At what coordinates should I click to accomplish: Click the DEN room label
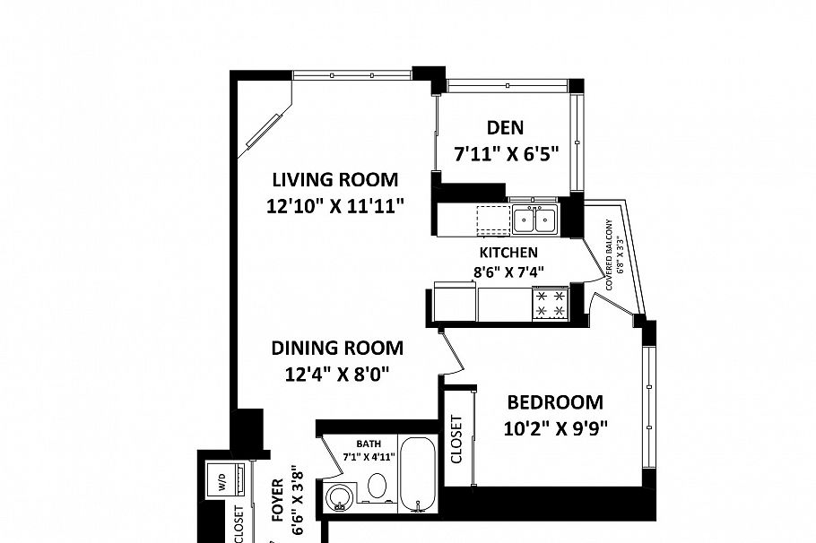coord(506,127)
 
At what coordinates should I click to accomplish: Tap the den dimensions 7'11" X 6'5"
coord(507,153)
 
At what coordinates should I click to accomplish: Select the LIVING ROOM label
coord(335,179)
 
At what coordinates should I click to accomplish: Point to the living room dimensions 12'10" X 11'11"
coord(335,206)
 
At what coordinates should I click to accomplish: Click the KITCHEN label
coord(508,253)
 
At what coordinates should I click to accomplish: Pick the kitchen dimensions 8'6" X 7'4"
coord(508,271)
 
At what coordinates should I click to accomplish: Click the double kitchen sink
coord(534,219)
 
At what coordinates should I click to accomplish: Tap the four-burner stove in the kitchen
coord(551,303)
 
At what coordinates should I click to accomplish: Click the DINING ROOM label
coord(337,348)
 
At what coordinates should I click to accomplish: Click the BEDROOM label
coord(554,402)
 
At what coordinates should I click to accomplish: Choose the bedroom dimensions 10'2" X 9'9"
coord(556,427)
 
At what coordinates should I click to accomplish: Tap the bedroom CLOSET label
coord(456,439)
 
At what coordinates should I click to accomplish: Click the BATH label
coord(369,444)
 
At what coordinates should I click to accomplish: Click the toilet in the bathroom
coord(378,487)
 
